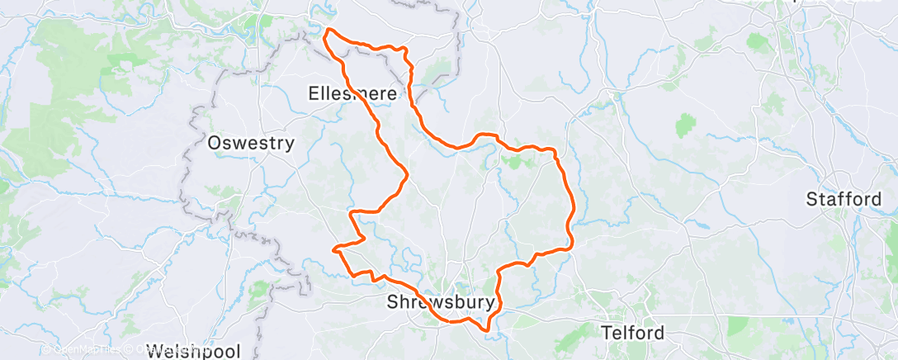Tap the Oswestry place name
click(x=251, y=143)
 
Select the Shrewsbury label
click(x=442, y=303)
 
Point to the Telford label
click(x=633, y=334)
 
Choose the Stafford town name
click(x=844, y=199)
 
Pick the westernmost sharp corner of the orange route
click(x=333, y=248)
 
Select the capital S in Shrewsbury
click(x=392, y=303)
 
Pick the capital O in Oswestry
click(x=215, y=143)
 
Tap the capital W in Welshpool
click(x=154, y=350)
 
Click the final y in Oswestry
click(x=290, y=144)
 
